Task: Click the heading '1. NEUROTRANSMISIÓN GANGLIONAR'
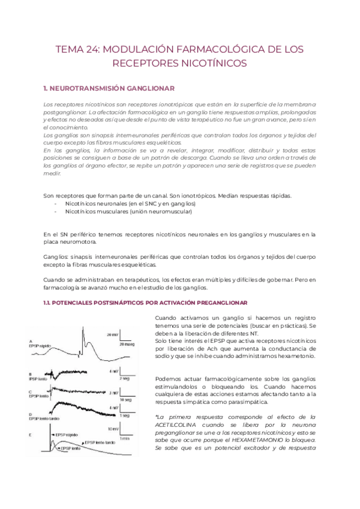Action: coord(109,88)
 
